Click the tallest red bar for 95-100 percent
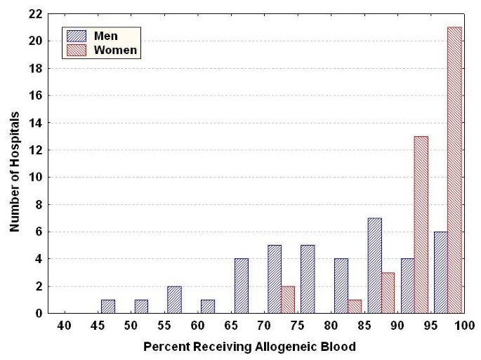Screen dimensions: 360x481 click(x=454, y=171)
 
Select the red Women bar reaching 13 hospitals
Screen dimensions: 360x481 click(x=421, y=225)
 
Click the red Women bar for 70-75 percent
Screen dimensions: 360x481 click(x=288, y=300)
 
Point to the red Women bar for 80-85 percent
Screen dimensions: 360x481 click(x=355, y=306)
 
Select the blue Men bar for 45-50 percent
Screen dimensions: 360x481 click(x=108, y=307)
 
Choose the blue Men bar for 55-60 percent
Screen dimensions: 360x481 click(x=174, y=300)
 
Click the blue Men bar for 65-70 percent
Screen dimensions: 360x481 click(x=241, y=286)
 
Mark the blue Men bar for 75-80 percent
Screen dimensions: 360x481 click(x=308, y=279)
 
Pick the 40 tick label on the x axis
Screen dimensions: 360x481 click(x=64, y=326)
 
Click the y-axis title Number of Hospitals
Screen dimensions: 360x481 click(x=14, y=164)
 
